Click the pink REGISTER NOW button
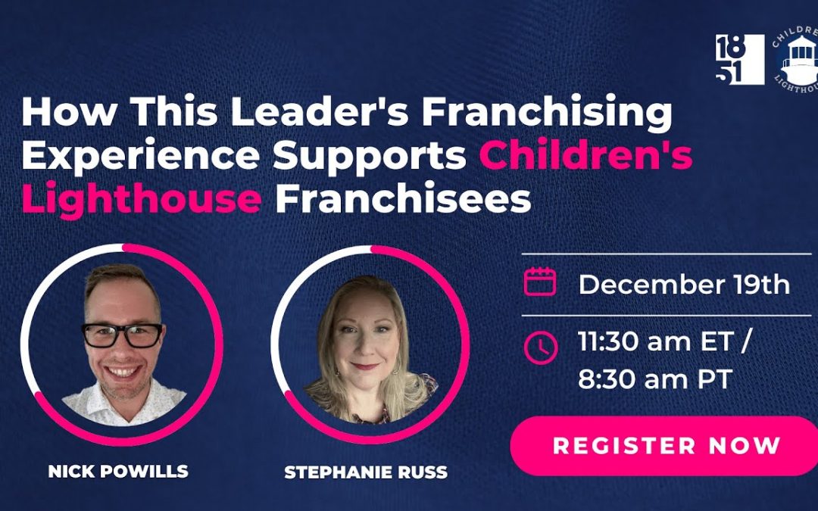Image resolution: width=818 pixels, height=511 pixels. pyautogui.click(x=664, y=446)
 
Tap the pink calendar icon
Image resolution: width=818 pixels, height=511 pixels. pyautogui.click(x=540, y=282)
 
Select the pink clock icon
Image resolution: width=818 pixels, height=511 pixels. pyautogui.click(x=541, y=347)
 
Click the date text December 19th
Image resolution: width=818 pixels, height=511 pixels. pyautogui.click(x=684, y=285)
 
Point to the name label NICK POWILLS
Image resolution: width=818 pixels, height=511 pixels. pyautogui.click(x=118, y=472)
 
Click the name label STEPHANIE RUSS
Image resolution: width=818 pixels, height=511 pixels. pyautogui.click(x=366, y=472)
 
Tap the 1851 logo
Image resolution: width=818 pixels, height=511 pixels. pyautogui.click(x=740, y=59)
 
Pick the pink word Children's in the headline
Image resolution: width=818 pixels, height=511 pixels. pyautogui.click(x=585, y=155)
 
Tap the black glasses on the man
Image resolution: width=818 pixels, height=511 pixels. pyautogui.click(x=122, y=335)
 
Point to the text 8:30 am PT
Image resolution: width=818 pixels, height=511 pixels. pyautogui.click(x=655, y=379)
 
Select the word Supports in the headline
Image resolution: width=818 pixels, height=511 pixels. pyautogui.click(x=370, y=157)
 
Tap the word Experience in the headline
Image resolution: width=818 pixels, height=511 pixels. pyautogui.click(x=140, y=157)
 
